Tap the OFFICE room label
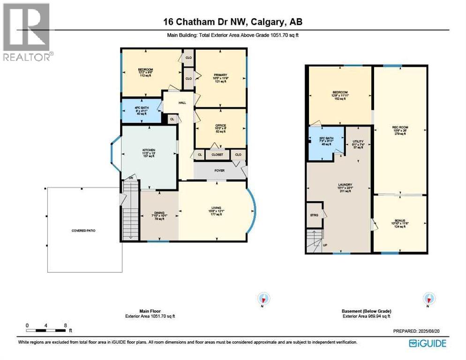click(x=220, y=126)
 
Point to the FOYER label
click(x=219, y=171)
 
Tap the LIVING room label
click(x=216, y=208)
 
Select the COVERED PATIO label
click(x=83, y=231)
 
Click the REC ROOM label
click(x=399, y=127)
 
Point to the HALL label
click(x=182, y=103)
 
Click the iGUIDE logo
click(x=427, y=343)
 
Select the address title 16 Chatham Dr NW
click(x=233, y=22)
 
